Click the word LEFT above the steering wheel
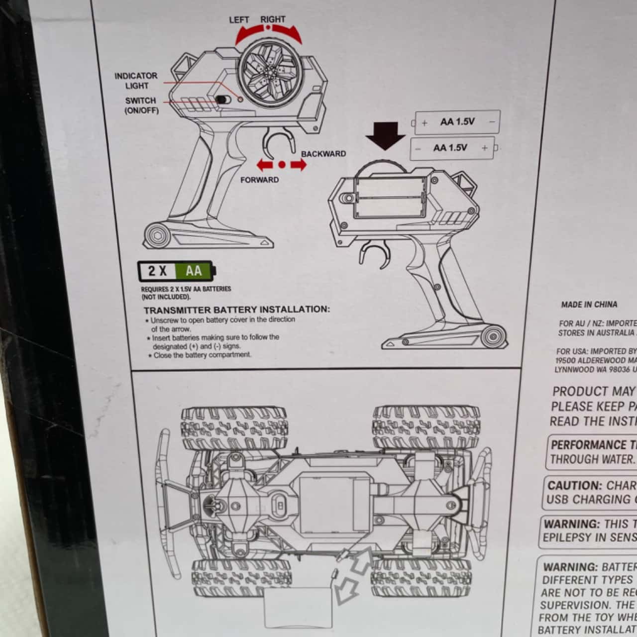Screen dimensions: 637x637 239,20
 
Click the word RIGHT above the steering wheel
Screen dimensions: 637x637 273,19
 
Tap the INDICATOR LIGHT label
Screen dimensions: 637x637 136,81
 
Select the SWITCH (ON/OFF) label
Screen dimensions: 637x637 141,106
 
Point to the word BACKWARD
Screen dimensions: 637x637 323,154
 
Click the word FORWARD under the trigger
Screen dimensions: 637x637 259,180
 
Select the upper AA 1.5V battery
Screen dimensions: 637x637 457,122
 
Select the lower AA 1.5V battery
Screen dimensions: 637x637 452,148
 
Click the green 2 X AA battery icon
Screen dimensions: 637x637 177,271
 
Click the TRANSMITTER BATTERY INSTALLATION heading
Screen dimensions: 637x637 236,309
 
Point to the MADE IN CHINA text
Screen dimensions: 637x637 589,305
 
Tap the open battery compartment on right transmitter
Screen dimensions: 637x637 390,198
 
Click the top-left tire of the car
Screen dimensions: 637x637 234,427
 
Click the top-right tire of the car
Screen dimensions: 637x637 426,426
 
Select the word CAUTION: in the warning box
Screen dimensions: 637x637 574,486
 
